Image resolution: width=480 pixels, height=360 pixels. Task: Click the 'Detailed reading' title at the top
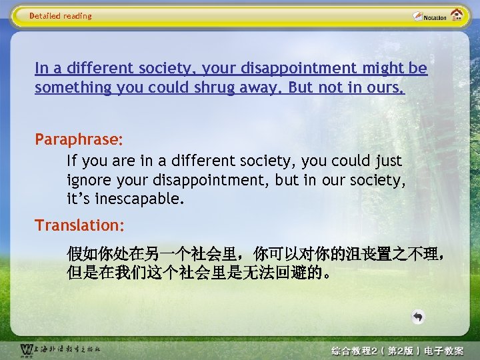61,16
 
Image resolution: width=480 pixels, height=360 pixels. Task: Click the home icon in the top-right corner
457,15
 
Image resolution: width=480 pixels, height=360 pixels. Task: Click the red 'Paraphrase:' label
79,140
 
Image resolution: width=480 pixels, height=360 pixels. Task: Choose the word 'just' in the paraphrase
387,161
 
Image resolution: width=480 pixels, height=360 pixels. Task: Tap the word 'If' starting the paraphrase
71,161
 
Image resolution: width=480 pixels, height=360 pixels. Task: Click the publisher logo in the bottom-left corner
60,349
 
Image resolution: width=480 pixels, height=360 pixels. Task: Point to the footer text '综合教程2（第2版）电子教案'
397,351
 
